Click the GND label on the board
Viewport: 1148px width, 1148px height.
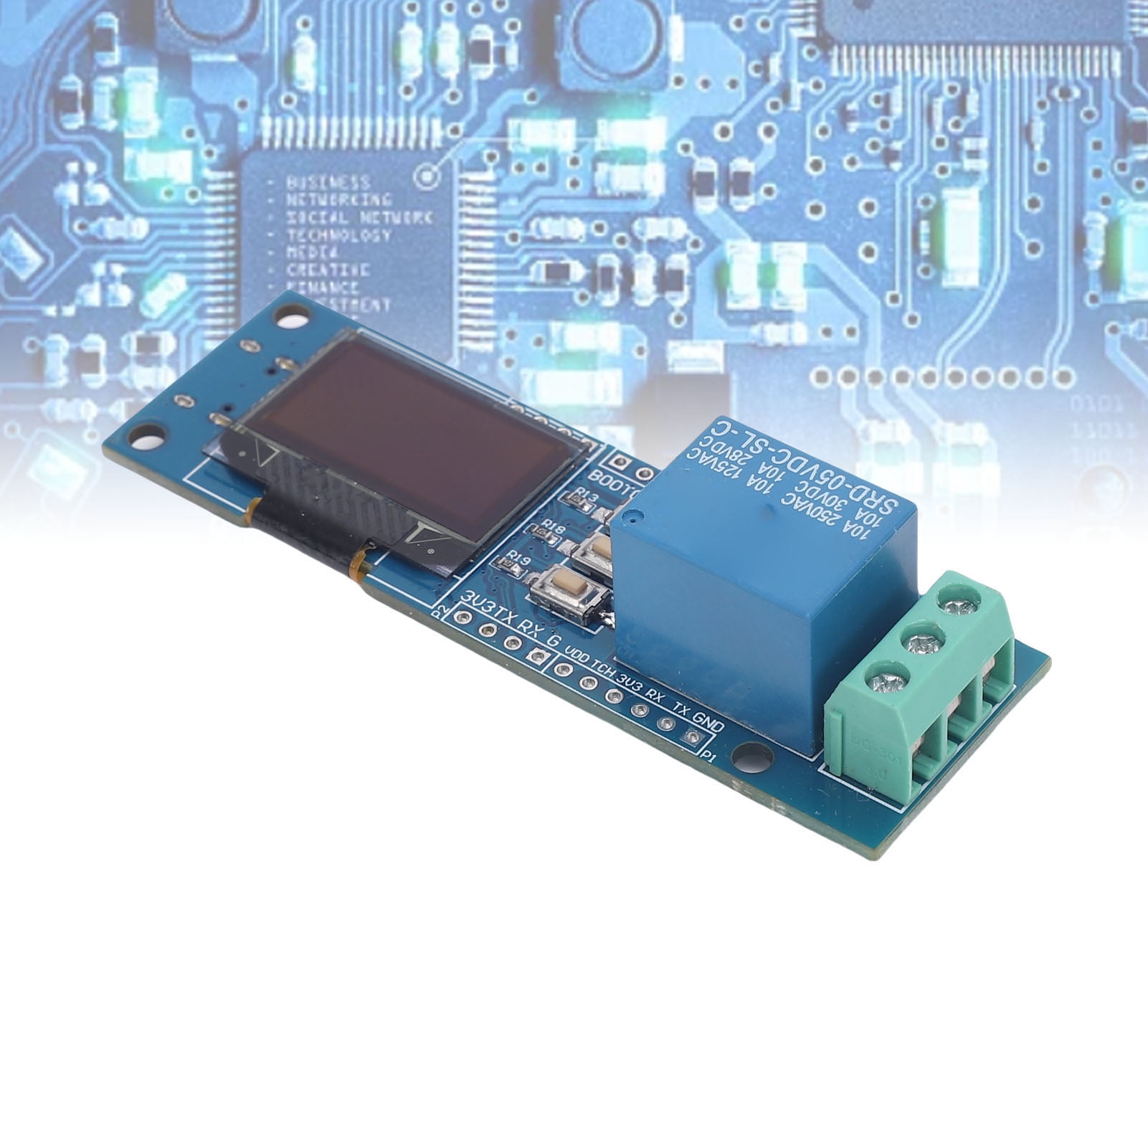[x=708, y=721]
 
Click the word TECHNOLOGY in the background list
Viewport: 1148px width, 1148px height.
[x=339, y=235]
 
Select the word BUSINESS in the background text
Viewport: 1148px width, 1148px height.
[x=328, y=182]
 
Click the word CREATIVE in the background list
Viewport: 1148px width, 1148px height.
[x=328, y=270]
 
